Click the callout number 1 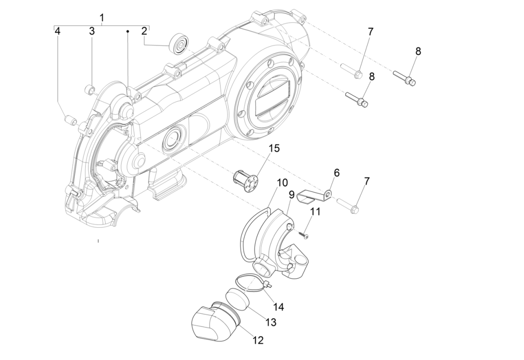[102, 18]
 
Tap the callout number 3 [91, 32]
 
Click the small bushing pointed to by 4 [70, 119]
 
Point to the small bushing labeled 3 [89, 89]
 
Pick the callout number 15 [274, 148]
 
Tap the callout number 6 [336, 173]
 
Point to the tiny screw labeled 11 [304, 235]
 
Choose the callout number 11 [316, 211]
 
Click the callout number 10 [282, 183]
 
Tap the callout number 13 [270, 323]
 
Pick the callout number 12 [258, 341]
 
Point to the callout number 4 [57, 32]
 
